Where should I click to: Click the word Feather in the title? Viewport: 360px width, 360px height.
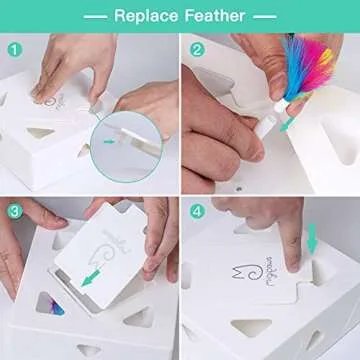click(x=217, y=16)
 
